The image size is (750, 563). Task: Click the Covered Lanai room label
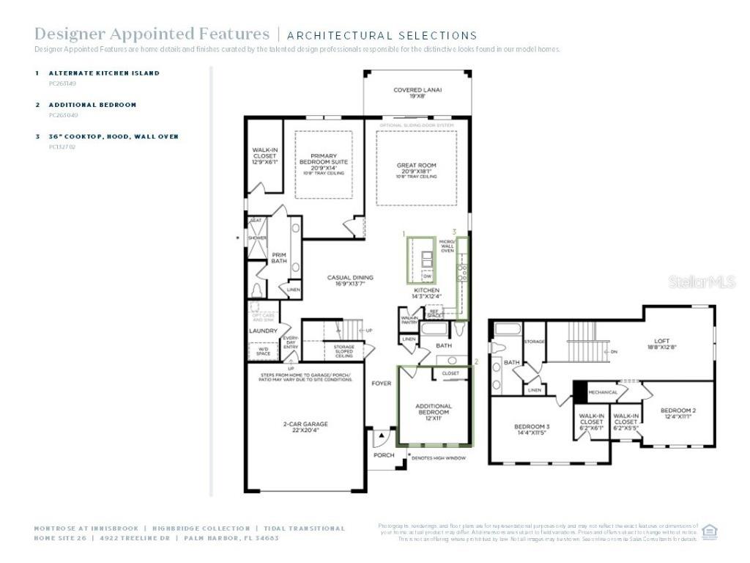[x=417, y=93]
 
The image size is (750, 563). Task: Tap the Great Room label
[x=417, y=169]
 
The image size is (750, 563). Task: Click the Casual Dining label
[x=349, y=281]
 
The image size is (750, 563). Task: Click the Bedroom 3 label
[x=532, y=430]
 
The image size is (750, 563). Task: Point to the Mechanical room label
[x=603, y=392]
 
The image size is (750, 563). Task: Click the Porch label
[x=384, y=455]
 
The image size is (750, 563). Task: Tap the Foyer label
[x=381, y=383]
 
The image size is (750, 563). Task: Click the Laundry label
[x=263, y=331]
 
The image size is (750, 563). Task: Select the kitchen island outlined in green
[x=421, y=259]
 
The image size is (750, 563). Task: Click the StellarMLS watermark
[x=702, y=281]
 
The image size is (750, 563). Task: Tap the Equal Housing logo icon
[x=709, y=531]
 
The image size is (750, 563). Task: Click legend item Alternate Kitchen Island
[x=104, y=73]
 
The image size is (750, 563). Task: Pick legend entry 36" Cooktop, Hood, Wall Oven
[x=114, y=136]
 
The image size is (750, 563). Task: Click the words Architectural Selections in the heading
[x=382, y=35]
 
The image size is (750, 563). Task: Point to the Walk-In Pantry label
[x=409, y=320]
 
